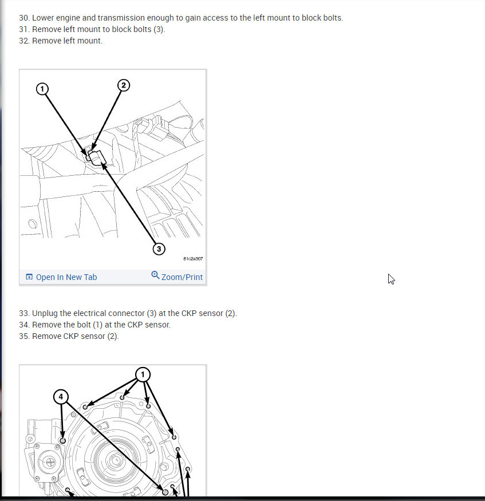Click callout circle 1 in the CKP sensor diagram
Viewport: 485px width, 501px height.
(41, 88)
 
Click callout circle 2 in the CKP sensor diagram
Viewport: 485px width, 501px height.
(124, 85)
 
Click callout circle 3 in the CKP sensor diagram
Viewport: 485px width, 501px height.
(159, 248)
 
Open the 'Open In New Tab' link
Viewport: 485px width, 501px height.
(66, 277)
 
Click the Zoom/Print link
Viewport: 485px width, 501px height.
(182, 277)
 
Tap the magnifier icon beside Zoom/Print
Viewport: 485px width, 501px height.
(155, 275)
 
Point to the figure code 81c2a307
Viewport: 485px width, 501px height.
(192, 259)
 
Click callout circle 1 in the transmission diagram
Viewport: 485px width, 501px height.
(143, 374)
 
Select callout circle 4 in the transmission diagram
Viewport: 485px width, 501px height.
(62, 396)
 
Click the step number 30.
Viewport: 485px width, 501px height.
(23, 18)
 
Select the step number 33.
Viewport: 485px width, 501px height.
(23, 313)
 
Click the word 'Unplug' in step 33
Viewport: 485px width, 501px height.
(46, 313)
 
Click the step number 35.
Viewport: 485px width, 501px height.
(23, 336)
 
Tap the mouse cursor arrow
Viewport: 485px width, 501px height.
(391, 279)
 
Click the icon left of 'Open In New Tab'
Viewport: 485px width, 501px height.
(29, 277)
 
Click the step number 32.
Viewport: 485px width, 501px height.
(23, 41)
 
